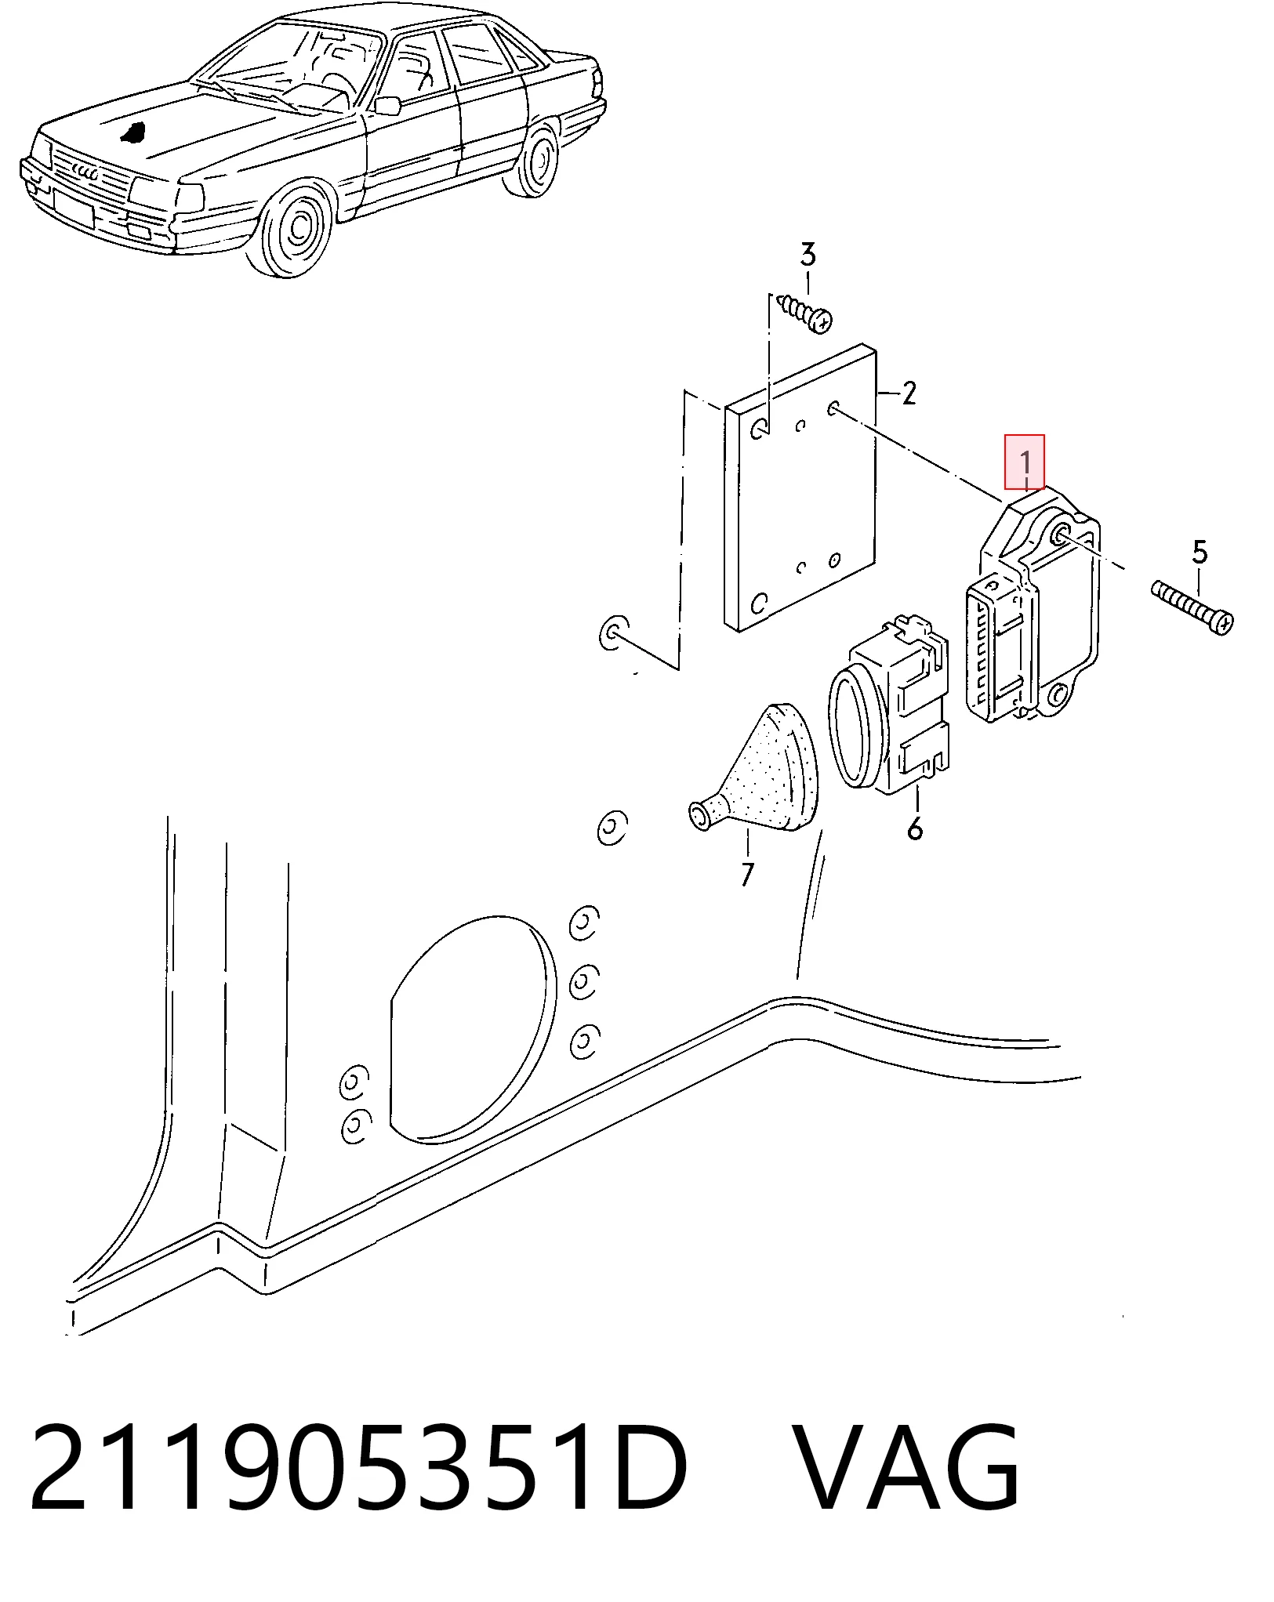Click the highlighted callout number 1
click(1025, 462)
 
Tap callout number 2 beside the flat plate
click(909, 393)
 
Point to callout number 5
click(1200, 553)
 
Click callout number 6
click(915, 828)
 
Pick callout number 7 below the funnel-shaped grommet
click(746, 874)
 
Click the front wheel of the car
click(296, 227)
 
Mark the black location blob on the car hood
click(134, 131)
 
